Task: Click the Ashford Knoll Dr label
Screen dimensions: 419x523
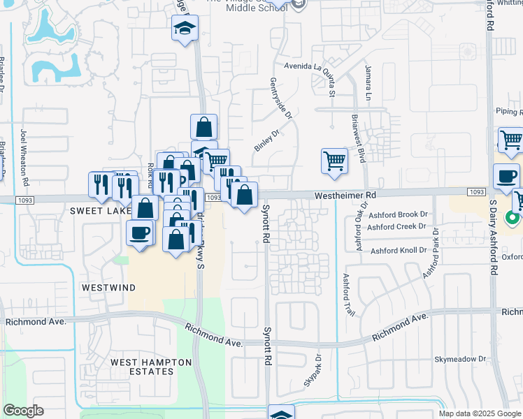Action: coord(399,250)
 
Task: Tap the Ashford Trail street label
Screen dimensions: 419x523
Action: coord(345,293)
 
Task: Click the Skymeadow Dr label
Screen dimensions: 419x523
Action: coord(460,359)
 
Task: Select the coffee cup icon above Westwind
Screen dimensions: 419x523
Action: coord(140,233)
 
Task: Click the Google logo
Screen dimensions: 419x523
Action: coord(24,411)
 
